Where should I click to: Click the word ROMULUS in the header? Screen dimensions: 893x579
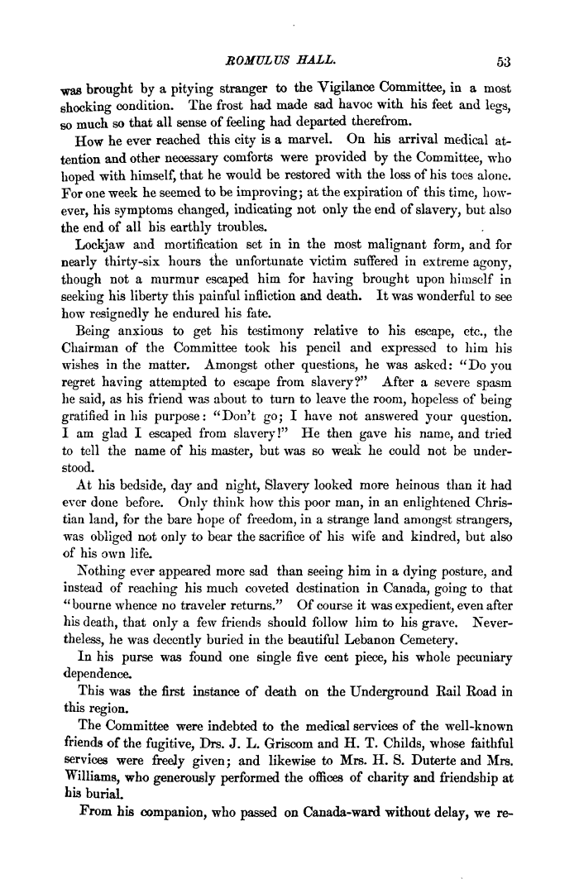tap(249, 58)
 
